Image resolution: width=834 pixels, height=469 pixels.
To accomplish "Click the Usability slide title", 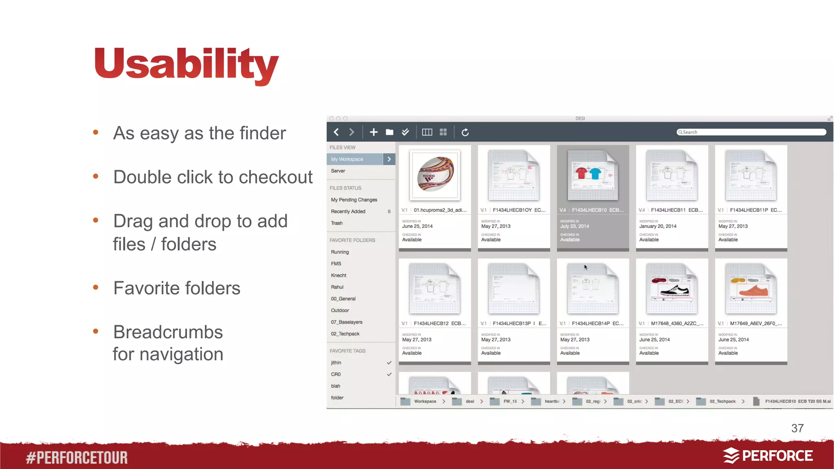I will coord(187,64).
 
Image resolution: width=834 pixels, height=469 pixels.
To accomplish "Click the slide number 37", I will coord(797,428).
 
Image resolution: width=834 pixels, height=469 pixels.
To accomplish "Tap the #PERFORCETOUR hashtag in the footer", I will coord(77,458).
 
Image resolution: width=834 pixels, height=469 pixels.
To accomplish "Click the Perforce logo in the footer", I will coord(768,456).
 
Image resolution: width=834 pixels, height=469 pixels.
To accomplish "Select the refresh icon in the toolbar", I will coord(465,132).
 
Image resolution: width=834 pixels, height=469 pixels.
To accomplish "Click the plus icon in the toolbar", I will coord(373,132).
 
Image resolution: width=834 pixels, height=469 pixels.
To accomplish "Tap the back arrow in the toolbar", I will coord(336,132).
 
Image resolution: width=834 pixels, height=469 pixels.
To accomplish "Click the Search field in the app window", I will coord(751,132).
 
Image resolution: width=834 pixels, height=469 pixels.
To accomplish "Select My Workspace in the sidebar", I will coord(354,159).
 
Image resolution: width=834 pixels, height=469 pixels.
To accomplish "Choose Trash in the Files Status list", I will coord(337,223).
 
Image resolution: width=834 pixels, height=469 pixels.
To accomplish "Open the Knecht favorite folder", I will coord(338,276).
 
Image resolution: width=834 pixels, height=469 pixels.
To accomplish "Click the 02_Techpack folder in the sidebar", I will coord(345,334).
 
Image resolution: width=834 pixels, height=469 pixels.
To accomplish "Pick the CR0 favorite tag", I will coord(336,375).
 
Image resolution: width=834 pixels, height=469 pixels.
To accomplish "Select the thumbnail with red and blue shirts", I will coord(593,175).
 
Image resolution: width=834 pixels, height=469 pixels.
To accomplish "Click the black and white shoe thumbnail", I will coord(672,289).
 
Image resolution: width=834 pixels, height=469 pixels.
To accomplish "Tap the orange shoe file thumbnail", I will coord(751,289).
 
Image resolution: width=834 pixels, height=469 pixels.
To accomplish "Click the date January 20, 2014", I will coord(658,226).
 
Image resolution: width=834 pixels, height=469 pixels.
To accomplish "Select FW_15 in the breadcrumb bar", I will coord(510,401).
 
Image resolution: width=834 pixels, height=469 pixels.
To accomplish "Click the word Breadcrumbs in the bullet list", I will coord(168,332).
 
